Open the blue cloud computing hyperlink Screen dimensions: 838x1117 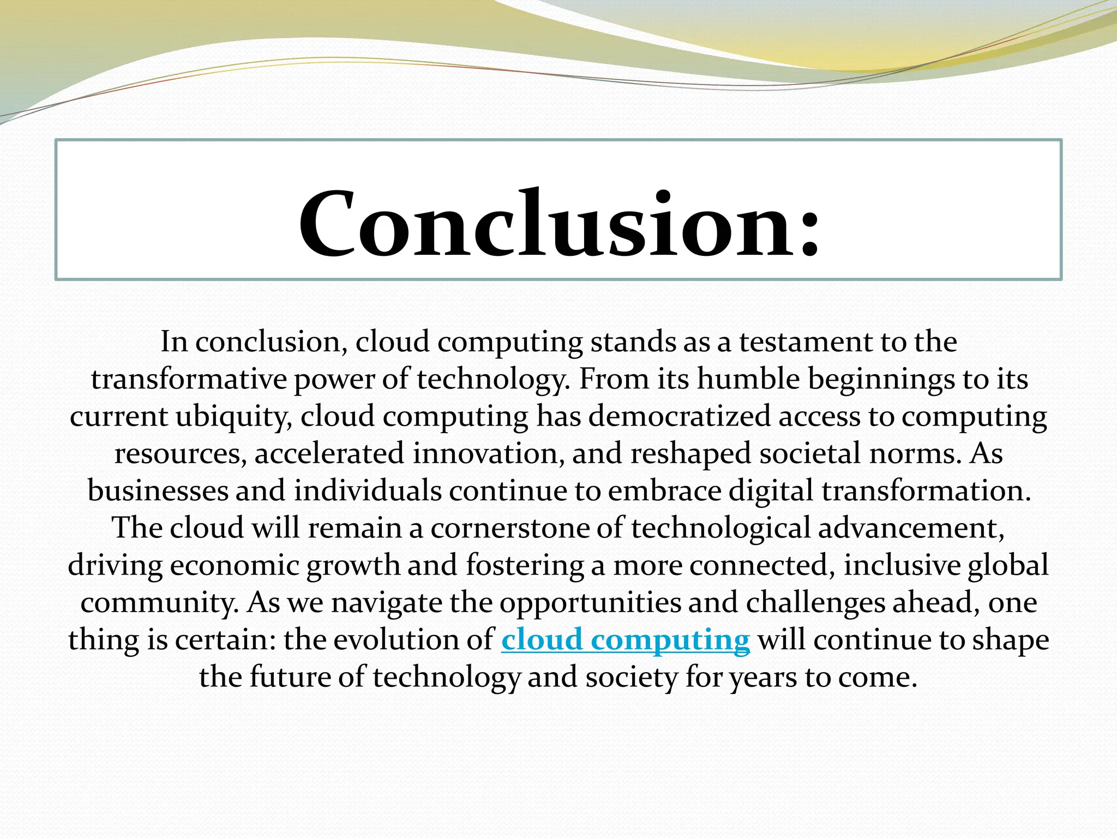pos(626,639)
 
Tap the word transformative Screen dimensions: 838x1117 pos(189,380)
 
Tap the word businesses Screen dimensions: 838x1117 pos(158,491)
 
